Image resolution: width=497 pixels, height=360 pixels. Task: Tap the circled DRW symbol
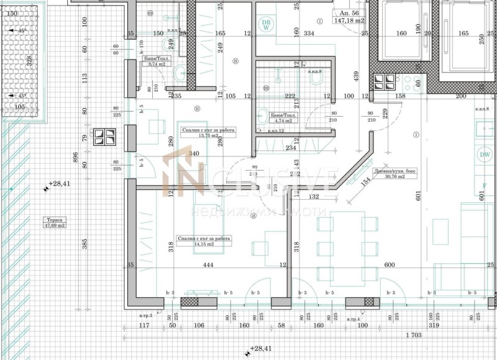(x=267, y=25)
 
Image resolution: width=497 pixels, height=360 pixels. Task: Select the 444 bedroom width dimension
(x=208, y=266)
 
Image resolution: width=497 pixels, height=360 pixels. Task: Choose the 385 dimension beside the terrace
(x=85, y=245)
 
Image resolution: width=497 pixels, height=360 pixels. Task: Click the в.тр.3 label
(x=146, y=316)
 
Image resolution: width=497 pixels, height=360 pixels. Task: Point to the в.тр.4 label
(x=352, y=319)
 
